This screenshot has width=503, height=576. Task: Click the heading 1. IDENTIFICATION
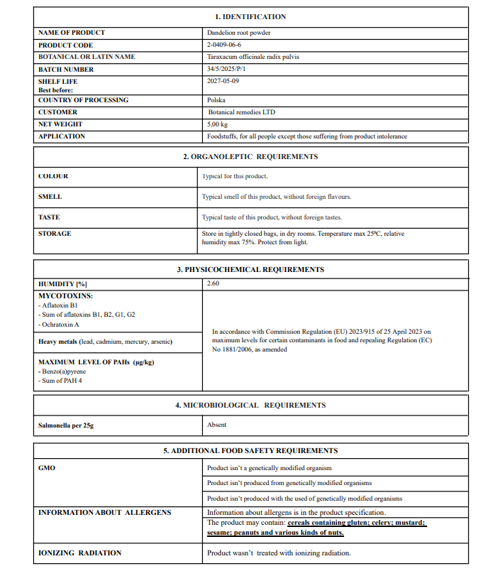point(250,16)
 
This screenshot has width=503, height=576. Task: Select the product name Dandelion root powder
point(238,33)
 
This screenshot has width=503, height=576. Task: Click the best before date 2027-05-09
point(223,82)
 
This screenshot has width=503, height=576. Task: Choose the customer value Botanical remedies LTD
point(242,112)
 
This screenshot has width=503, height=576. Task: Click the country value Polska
point(216,100)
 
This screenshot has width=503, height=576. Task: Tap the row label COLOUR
point(53,176)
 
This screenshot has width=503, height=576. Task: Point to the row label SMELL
point(50,197)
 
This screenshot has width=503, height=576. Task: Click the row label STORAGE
point(55,234)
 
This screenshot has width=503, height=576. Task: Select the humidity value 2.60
point(213,283)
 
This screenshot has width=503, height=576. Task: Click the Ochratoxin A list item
point(60,325)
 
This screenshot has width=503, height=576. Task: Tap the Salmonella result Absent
point(216,425)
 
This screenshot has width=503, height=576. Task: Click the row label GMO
point(46,469)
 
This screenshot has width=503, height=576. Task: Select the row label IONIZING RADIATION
point(79,553)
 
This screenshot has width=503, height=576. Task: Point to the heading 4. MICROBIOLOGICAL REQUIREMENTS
point(250,405)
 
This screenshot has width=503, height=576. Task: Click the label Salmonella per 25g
point(65,425)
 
